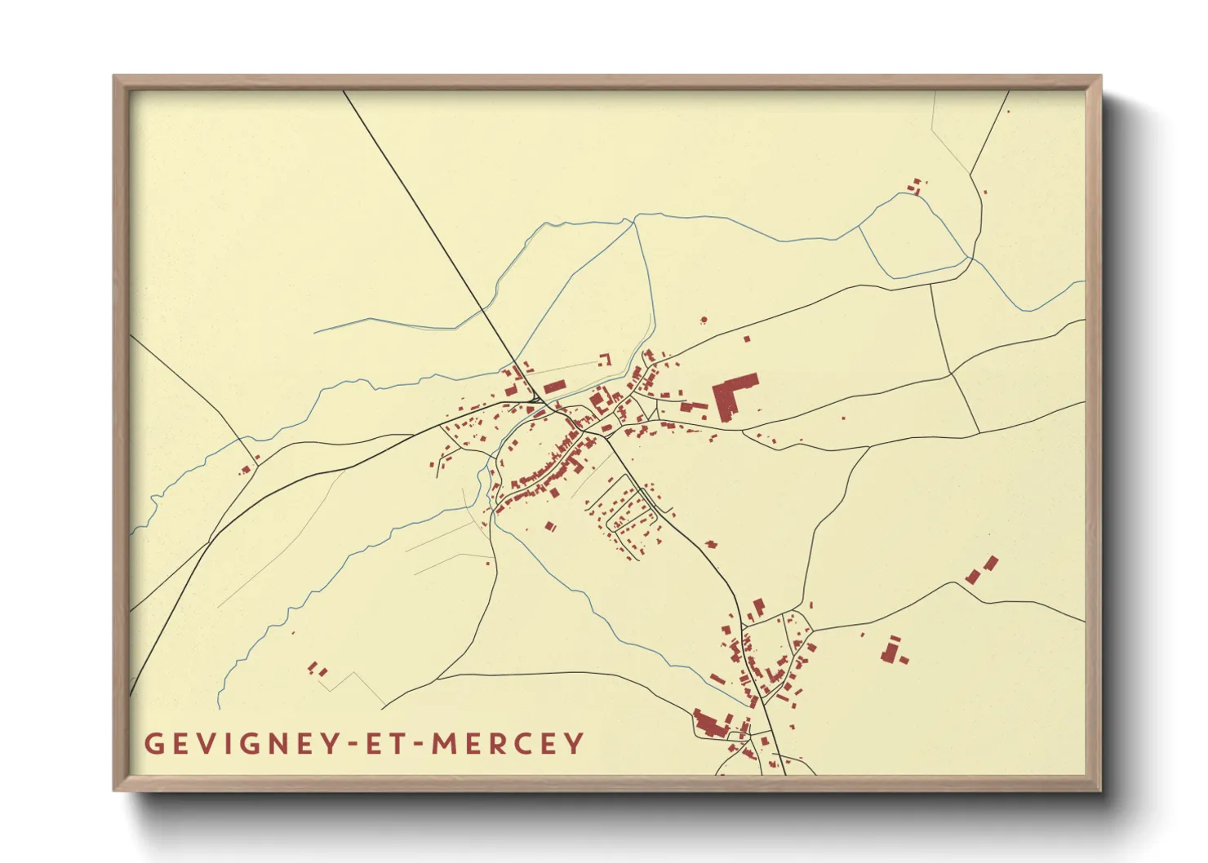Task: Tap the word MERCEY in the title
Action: [508, 743]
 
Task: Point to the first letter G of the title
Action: [153, 743]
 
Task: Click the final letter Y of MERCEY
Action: [576, 743]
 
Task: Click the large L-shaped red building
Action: [732, 395]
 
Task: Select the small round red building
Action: [704, 320]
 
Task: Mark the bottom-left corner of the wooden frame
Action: [115, 790]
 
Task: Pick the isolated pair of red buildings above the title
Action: [317, 669]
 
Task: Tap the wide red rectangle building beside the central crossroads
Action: [555, 387]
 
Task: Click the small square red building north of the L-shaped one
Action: [746, 338]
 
